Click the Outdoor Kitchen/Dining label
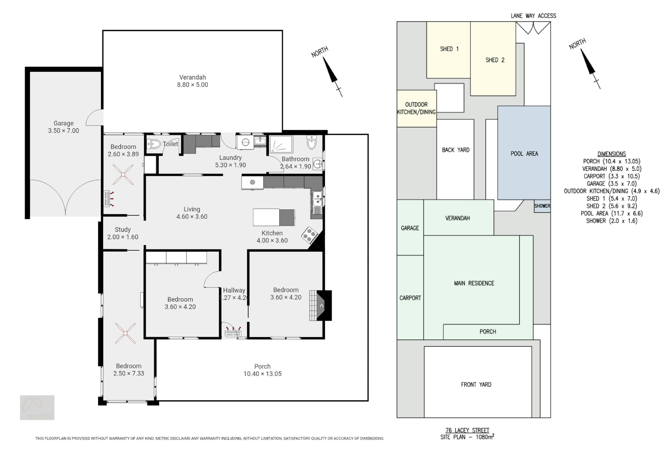pyautogui.click(x=416, y=108)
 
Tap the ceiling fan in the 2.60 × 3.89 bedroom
pyautogui.click(x=123, y=175)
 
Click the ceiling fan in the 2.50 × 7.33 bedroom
pyautogui.click(x=125, y=333)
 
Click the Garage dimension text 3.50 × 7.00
pyautogui.click(x=63, y=130)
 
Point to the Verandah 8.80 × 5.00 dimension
pyautogui.click(x=192, y=85)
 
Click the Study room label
pyautogui.click(x=123, y=230)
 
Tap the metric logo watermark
pyautogui.click(x=37, y=408)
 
